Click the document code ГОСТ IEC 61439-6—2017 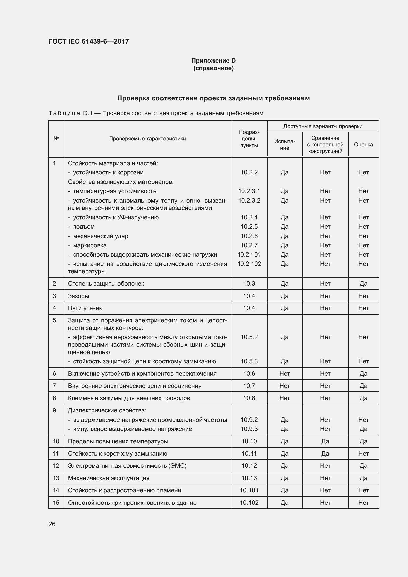[x=89, y=41]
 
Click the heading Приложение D [x=213, y=61]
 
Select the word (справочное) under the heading [x=213, y=68]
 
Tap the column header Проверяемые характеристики [x=148, y=139]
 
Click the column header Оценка [x=363, y=145]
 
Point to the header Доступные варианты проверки [x=323, y=126]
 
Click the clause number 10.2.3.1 [x=249, y=191]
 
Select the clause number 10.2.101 [x=249, y=255]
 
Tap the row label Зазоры [x=78, y=296]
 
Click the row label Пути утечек [x=85, y=308]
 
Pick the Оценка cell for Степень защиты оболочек [x=363, y=284]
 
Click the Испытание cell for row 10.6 [x=284, y=374]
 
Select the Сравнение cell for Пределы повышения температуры [x=325, y=441]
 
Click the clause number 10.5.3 [x=249, y=361]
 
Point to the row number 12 [x=56, y=466]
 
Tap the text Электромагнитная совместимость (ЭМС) [x=127, y=466]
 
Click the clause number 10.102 [x=249, y=503]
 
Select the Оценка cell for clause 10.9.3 [x=363, y=429]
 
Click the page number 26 [x=52, y=524]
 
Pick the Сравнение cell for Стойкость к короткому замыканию [x=325, y=454]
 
